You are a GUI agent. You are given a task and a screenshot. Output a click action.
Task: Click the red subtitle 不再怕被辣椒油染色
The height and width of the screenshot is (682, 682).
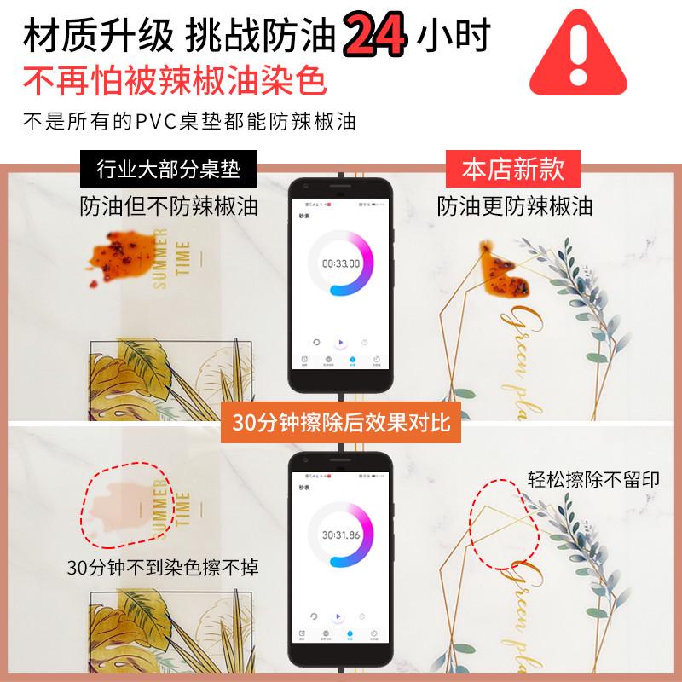coord(175,82)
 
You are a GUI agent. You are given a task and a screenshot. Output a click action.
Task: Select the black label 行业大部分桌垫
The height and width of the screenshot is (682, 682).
coord(168,170)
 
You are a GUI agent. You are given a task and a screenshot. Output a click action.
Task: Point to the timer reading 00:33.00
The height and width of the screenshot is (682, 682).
coord(340,263)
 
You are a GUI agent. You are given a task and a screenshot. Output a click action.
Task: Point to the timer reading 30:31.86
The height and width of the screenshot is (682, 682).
coord(340,535)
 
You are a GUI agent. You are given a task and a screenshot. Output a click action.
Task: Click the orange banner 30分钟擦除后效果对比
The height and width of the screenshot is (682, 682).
coord(341,424)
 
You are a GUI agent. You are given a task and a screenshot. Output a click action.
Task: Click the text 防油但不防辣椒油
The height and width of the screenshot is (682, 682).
coord(168,206)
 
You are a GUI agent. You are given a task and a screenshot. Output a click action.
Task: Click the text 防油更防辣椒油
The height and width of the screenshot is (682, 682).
coord(514,206)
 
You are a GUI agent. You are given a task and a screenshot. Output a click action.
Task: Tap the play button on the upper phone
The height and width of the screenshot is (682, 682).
coord(340,343)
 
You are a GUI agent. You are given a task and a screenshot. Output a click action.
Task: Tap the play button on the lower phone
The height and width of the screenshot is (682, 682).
coord(340,616)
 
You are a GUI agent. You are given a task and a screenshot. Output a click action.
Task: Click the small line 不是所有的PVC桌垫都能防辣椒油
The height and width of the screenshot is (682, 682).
coord(188,121)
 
